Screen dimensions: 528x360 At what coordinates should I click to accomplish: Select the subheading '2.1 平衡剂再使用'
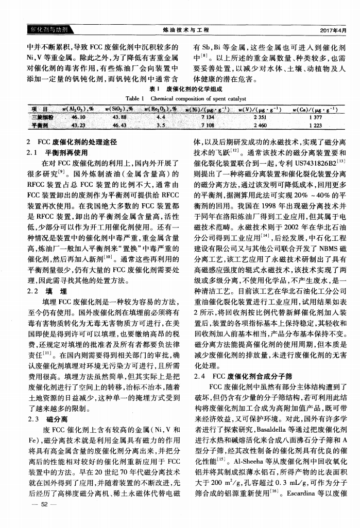click(x=57, y=152)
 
